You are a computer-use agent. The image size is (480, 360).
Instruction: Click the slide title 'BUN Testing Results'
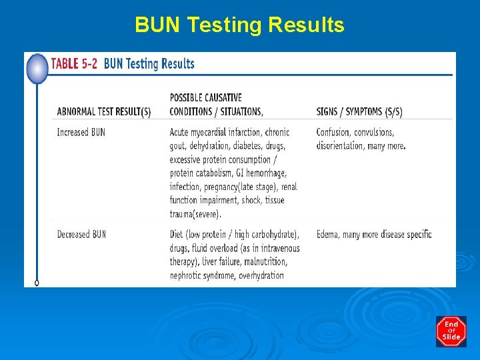click(239, 25)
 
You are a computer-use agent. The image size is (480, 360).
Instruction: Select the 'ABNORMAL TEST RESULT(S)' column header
click(104, 111)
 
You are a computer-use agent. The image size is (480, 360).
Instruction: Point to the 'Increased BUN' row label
click(81, 133)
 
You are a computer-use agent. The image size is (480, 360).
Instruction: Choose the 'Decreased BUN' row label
click(81, 235)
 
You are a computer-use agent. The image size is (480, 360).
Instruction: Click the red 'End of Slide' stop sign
click(451, 331)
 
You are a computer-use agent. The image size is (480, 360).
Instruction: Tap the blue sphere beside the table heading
click(37, 69)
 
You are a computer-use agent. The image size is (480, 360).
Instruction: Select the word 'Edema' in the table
click(329, 235)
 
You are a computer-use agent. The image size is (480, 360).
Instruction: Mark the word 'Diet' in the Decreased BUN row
click(178, 235)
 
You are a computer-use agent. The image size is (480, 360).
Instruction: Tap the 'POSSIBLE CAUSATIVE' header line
click(206, 98)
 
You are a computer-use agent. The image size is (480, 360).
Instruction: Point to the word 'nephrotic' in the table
click(189, 275)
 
